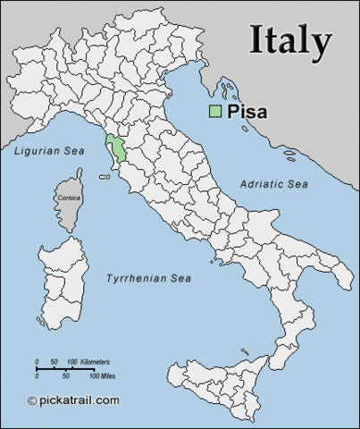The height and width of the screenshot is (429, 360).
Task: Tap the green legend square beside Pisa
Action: click(x=215, y=112)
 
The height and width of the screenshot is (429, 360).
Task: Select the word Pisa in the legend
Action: click(x=248, y=112)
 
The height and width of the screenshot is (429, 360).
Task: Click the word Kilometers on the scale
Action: click(x=95, y=362)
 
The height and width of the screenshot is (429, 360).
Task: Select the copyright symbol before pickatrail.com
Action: click(x=32, y=400)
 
